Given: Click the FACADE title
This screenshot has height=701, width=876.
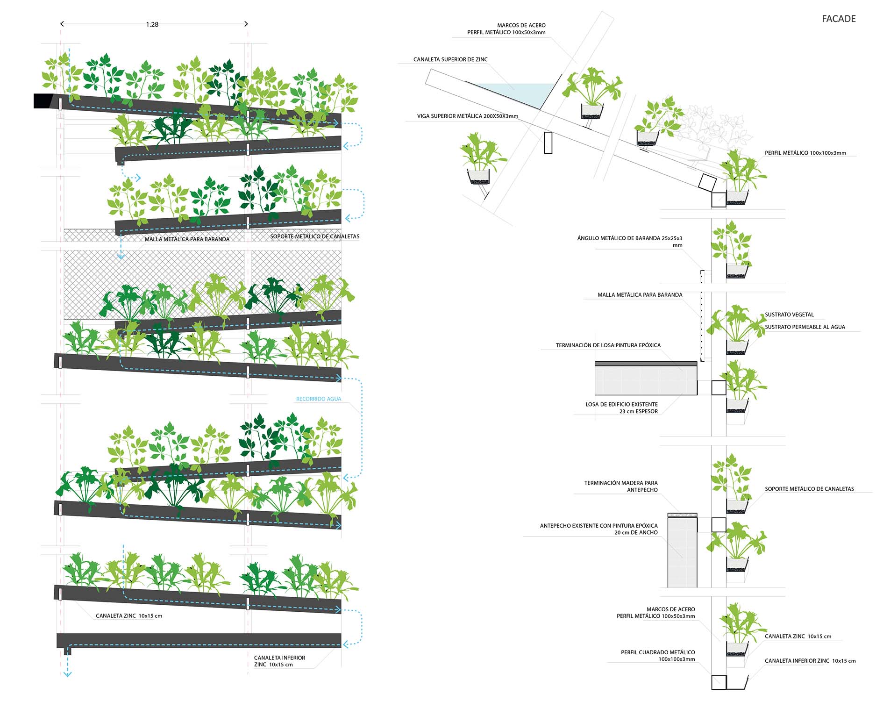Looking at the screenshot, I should tap(838, 19).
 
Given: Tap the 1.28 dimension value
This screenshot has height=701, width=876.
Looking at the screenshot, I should tap(152, 24).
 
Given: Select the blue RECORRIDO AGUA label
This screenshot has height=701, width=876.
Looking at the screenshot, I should tap(319, 399).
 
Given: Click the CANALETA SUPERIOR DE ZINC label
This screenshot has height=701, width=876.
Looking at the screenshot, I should tap(450, 59).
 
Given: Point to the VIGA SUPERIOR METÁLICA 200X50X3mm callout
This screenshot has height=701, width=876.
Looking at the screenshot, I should tap(467, 116).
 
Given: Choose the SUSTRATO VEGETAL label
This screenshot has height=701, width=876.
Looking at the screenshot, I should tap(789, 315).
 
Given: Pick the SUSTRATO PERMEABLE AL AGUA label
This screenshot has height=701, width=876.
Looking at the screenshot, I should tap(805, 327).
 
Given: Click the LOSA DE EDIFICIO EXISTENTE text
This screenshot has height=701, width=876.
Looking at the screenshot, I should tap(621, 404).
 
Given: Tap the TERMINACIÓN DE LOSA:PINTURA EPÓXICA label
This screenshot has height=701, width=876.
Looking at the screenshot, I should tap(608, 345).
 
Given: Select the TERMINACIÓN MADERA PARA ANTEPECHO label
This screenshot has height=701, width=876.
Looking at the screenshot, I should tap(621, 486).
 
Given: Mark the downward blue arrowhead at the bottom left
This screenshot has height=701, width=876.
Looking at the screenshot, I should tap(67, 673).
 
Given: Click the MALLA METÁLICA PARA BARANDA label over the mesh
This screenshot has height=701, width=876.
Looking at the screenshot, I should tap(187, 239).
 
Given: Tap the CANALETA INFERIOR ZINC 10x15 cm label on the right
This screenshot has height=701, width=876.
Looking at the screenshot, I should tap(810, 661).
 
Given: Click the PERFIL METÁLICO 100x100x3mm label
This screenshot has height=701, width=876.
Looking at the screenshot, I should tap(805, 153).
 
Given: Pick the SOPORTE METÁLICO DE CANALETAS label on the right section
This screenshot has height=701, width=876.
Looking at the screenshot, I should tap(809, 489).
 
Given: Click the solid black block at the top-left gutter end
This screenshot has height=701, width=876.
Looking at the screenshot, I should tap(44, 101).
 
